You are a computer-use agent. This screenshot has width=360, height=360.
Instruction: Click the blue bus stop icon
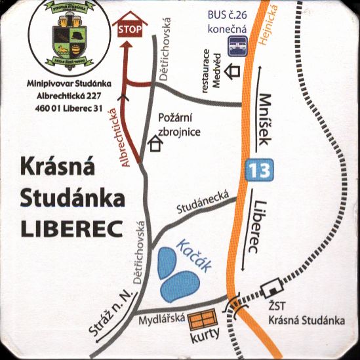click(237, 45)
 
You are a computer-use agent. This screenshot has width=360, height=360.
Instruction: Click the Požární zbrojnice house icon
click(155, 144)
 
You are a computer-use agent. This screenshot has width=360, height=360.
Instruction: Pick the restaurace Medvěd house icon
click(233, 70)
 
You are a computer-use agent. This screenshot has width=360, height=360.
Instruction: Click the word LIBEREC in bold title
click(64, 230)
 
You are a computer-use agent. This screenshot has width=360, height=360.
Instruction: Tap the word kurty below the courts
click(205, 339)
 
